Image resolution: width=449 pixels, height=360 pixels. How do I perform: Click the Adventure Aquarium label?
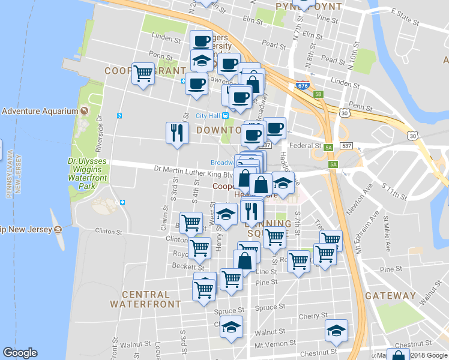40,111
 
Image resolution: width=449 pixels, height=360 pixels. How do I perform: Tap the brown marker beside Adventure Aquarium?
84,111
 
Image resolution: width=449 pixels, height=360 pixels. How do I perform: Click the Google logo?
20,353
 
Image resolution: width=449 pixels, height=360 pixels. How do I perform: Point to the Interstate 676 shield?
303,85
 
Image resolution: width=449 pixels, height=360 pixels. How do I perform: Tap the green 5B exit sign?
319,94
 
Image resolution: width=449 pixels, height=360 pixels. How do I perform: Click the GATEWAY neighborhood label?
390,296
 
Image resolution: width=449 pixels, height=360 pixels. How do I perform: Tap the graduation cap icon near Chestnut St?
336,330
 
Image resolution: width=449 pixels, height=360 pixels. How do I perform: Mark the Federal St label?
306,146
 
